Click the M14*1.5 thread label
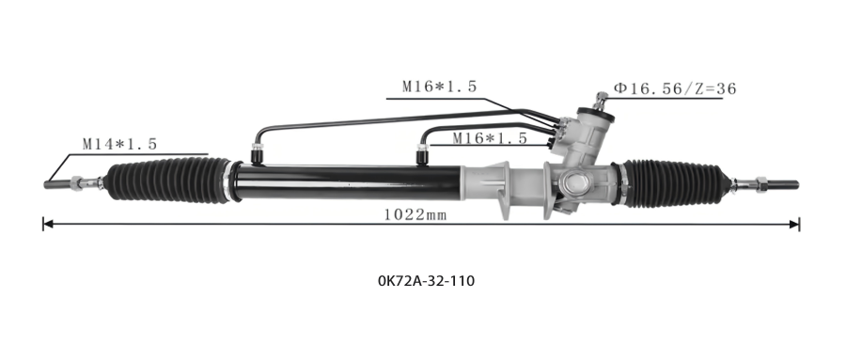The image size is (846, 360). [x=119, y=144]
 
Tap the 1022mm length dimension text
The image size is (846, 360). [x=415, y=215]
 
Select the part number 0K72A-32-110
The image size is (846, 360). [x=426, y=281]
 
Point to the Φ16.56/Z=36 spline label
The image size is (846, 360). [x=674, y=88]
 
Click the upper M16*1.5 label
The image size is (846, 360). [x=440, y=86]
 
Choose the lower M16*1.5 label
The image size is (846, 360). [x=490, y=138]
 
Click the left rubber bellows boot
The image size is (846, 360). [x=168, y=180]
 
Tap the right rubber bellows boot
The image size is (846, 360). [x=673, y=183]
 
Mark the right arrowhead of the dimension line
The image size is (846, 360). [x=794, y=225]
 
